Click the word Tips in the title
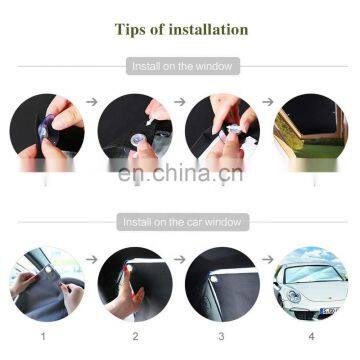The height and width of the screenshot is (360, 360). tap(130, 29)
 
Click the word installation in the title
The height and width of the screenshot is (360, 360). tap(208, 29)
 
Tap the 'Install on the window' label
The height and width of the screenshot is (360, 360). tap(182, 66)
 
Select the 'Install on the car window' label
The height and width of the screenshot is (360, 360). tap(182, 222)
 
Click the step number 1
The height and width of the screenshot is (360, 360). tap(43, 337)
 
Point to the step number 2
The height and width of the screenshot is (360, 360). tap(135, 337)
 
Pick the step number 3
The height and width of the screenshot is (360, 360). tap(221, 337)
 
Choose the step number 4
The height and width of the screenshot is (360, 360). tap(311, 337)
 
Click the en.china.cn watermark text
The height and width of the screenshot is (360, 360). tap(180, 173)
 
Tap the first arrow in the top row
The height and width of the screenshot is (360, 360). tap(92, 102)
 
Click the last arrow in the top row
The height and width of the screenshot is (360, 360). tap(268, 102)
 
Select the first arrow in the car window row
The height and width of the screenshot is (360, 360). tap(92, 259)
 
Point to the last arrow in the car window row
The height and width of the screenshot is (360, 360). tap(268, 259)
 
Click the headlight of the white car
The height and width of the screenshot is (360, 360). tap(295, 296)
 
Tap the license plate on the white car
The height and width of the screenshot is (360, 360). tap(329, 311)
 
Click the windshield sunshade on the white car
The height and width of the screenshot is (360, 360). tap(309, 274)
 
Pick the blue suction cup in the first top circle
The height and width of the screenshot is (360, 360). tap(44, 128)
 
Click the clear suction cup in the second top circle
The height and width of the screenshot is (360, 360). tap(136, 141)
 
